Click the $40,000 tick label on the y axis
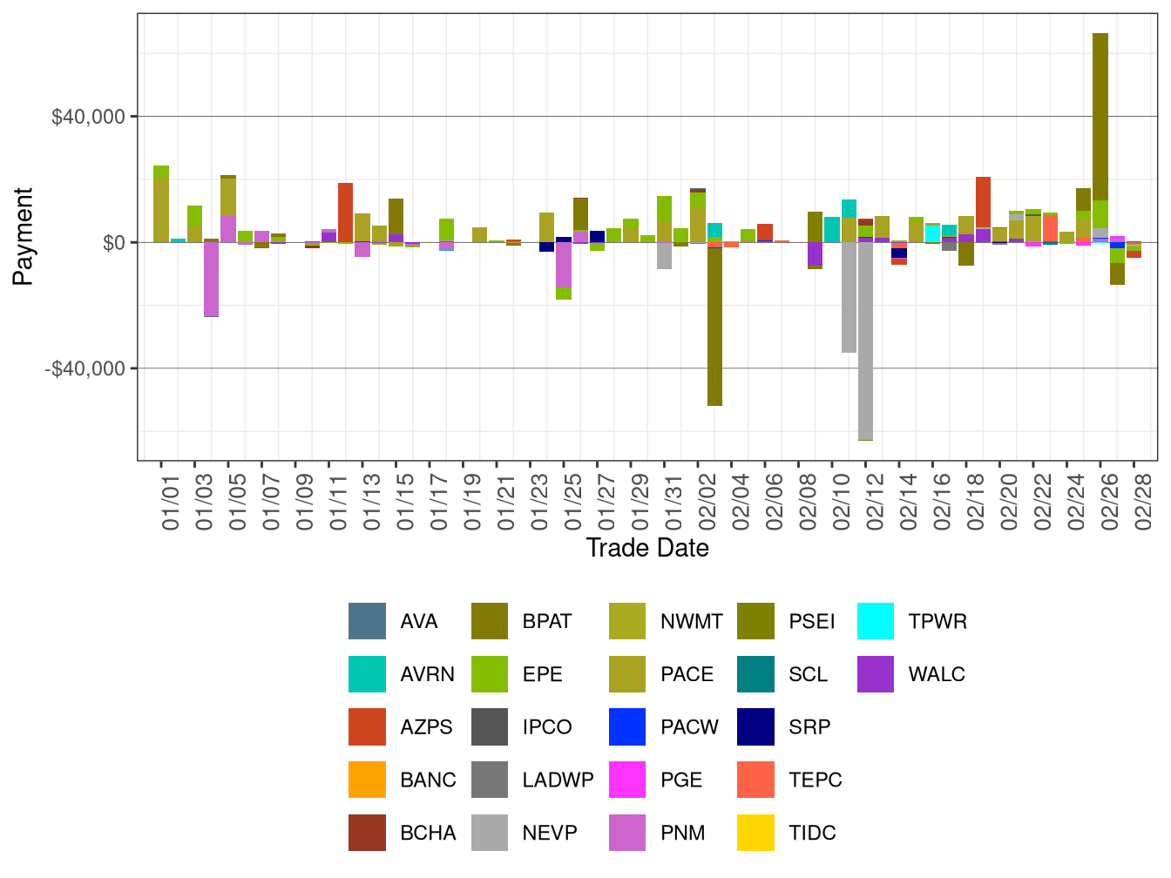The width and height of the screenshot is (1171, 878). point(88,117)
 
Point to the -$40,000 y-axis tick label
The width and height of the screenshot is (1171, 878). point(85,368)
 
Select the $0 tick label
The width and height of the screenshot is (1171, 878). point(112,242)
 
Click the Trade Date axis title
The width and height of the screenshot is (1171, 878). point(646,548)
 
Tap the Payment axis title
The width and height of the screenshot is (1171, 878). point(24,236)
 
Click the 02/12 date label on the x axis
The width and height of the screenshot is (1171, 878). point(876,496)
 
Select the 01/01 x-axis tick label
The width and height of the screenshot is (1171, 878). point(171,496)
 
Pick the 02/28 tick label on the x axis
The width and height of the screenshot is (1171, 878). point(1144,496)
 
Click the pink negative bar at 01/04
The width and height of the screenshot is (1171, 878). point(211,279)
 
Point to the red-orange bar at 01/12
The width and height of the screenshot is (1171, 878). point(345,212)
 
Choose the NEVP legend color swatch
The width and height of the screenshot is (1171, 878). point(490,833)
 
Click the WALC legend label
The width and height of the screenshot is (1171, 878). point(937,674)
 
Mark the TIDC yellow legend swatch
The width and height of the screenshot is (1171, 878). point(755,833)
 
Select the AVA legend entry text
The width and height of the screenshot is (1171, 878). point(419,622)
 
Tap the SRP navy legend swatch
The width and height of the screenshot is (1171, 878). point(755,727)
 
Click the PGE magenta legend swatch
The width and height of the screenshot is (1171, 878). point(627,780)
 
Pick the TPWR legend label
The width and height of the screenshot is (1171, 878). point(937,622)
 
